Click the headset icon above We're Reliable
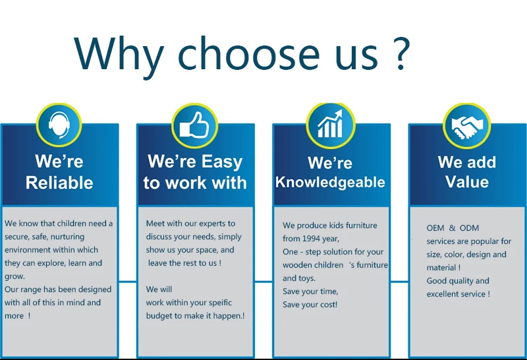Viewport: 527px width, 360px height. pos(59,125)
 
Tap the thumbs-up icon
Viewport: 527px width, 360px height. pos(194,125)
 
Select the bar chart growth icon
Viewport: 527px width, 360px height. pos(331,123)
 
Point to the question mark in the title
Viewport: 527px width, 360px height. pos(401,53)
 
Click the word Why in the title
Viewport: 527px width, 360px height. pos(119,54)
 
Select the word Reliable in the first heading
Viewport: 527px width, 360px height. pos(59,183)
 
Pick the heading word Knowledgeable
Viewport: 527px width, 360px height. pos(330,183)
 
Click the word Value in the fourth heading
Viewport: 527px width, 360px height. pos(467,182)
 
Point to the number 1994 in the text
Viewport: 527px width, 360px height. pos(311,239)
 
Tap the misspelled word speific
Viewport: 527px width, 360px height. pos(219,303)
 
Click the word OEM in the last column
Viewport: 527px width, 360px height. pos(435,228)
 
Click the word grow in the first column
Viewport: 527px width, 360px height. pos(14,277)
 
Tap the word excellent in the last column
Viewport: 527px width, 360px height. pos(441,294)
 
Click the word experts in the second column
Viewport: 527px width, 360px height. pos(213,224)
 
